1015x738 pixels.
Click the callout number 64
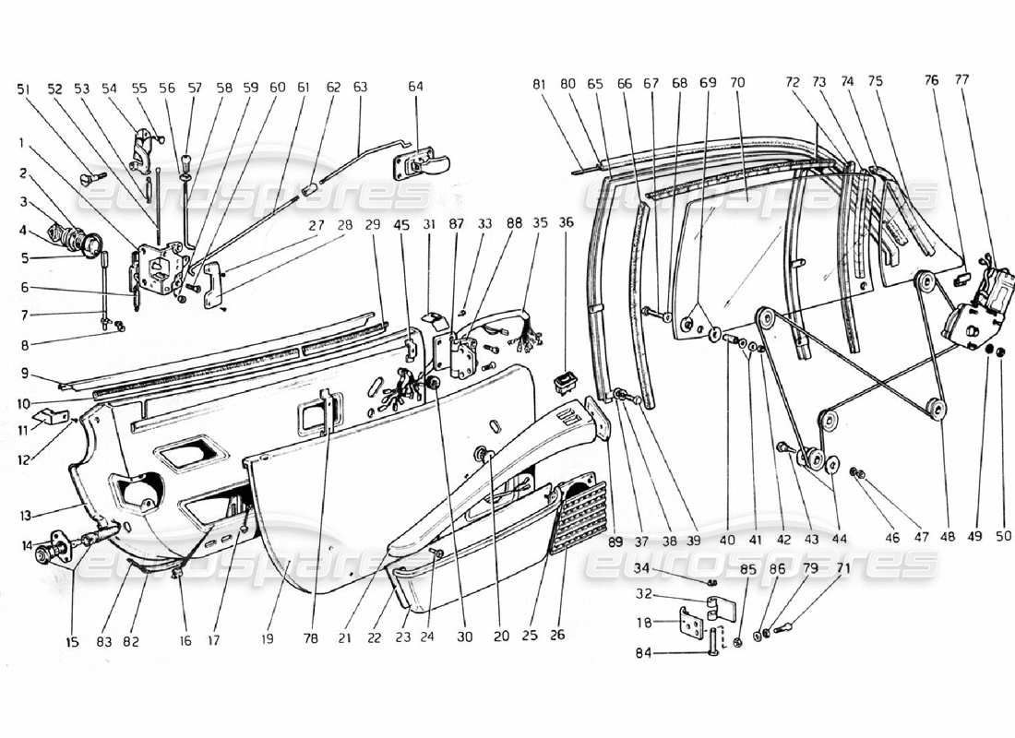pyautogui.click(x=416, y=88)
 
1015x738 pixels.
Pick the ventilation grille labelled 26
pyautogui.click(x=578, y=517)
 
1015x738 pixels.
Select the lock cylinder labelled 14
pyautogui.click(x=52, y=553)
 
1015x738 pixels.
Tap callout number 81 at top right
pyautogui.click(x=540, y=83)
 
